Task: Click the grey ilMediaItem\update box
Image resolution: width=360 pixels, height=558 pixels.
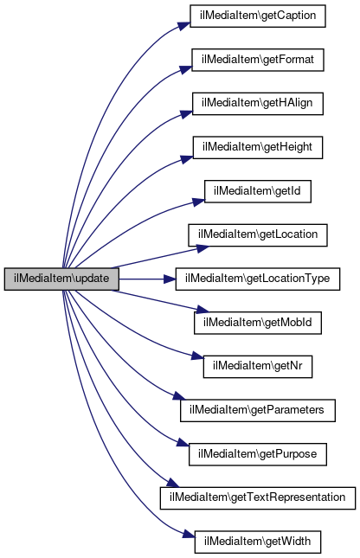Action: [61, 279]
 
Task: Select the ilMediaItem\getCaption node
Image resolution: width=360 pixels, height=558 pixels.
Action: [257, 16]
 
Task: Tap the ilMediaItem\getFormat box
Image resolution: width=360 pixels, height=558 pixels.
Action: [257, 60]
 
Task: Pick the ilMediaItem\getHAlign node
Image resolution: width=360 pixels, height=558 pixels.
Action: [257, 104]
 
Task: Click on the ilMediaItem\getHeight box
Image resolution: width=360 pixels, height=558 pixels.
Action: [257, 147]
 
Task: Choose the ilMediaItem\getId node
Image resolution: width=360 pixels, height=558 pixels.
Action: [257, 191]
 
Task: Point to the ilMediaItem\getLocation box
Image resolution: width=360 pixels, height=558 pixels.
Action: [257, 234]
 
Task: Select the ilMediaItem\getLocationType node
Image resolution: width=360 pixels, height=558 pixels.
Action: [257, 279]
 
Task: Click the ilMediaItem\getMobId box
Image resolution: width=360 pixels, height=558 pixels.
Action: [257, 323]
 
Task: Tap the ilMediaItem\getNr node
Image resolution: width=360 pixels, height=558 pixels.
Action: [257, 367]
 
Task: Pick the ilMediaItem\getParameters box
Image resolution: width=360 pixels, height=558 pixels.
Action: [257, 410]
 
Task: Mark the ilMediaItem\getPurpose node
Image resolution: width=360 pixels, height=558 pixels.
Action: [257, 454]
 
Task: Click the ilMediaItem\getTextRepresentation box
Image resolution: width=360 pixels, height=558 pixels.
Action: [257, 497]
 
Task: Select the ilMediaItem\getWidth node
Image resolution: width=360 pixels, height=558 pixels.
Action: [257, 542]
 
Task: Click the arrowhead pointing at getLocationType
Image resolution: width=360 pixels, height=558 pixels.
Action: [170, 279]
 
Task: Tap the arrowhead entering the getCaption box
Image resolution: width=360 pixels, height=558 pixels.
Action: [183, 26]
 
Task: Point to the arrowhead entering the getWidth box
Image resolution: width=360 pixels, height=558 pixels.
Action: [189, 534]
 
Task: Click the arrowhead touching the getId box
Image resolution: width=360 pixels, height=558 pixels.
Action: [199, 202]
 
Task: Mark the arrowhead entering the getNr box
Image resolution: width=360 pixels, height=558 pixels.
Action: [197, 356]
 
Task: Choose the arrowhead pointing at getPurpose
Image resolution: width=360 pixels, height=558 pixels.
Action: [183, 443]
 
